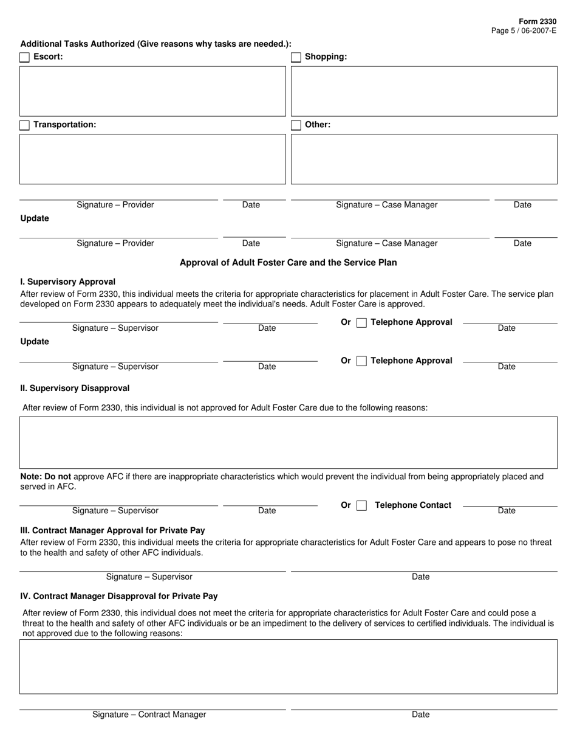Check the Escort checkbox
(x=25, y=57)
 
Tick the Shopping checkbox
(x=296, y=57)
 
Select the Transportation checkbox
(x=25, y=125)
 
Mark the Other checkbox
(x=296, y=125)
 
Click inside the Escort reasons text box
(x=152, y=91)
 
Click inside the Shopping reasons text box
(x=424, y=91)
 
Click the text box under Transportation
(x=152, y=159)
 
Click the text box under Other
(x=424, y=159)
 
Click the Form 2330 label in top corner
(x=538, y=21)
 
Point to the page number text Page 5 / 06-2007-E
(x=524, y=30)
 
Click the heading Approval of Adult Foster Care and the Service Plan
(x=288, y=263)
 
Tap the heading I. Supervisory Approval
(x=68, y=282)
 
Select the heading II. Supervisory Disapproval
(x=75, y=388)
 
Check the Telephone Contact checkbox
(x=362, y=505)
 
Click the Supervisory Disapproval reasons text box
(x=288, y=442)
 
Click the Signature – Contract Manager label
(x=149, y=715)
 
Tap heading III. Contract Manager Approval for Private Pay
(x=112, y=530)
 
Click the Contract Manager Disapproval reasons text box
(x=288, y=667)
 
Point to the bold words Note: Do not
(x=46, y=477)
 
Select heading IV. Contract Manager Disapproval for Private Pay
(x=119, y=596)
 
